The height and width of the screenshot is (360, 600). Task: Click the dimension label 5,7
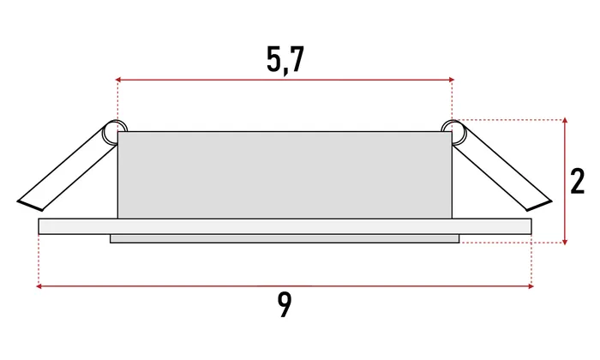coord(285,60)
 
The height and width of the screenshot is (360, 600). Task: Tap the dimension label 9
coord(285,305)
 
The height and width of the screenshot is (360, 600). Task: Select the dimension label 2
coord(578,181)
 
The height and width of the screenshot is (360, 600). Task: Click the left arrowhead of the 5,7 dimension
coord(118,80)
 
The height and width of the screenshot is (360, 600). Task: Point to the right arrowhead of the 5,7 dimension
coord(452,80)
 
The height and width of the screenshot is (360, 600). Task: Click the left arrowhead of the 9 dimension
coord(39,285)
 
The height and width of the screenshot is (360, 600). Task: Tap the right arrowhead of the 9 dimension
coord(531,285)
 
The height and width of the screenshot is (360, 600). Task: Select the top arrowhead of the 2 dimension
coord(565,121)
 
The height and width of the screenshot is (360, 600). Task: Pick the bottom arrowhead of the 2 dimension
coord(565,242)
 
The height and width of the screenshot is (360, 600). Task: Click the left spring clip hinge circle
coord(114,132)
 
